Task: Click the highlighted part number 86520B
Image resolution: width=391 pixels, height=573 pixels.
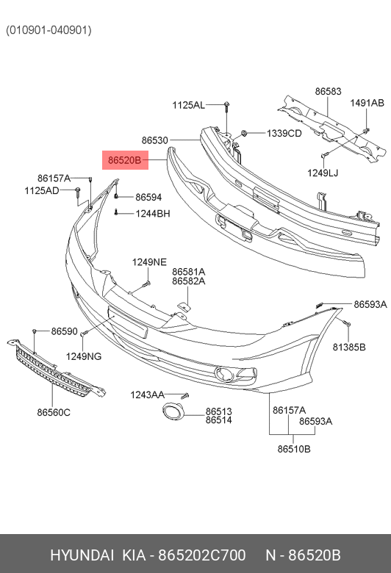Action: tap(125, 160)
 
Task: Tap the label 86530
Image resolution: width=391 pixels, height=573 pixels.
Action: tap(155, 140)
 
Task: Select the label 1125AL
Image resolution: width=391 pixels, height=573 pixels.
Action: tap(188, 105)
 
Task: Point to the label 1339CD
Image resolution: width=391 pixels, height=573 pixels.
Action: tap(284, 134)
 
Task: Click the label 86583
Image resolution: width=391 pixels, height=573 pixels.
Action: tap(328, 91)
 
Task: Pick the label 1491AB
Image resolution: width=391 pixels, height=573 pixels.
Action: tap(367, 103)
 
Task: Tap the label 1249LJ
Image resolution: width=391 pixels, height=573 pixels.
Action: tap(323, 173)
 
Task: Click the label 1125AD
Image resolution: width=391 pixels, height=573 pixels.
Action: tap(42, 190)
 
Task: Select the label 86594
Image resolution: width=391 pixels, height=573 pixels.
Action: tap(148, 198)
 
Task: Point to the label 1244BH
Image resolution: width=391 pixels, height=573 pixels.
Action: tap(153, 214)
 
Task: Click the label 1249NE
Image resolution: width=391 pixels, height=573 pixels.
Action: tap(149, 262)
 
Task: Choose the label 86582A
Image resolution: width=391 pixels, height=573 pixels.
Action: tap(189, 281)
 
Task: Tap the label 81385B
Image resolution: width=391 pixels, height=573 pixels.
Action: tap(349, 347)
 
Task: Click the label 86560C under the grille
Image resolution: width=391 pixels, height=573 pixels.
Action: tap(54, 412)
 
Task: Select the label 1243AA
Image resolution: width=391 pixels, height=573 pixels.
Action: tap(148, 394)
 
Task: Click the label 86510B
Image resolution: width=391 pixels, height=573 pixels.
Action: tap(294, 449)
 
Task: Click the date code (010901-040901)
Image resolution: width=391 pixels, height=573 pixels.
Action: tap(49, 30)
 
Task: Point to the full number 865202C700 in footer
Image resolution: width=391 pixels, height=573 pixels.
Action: tap(201, 555)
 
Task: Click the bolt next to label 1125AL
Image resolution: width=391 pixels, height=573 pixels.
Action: tap(227, 105)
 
